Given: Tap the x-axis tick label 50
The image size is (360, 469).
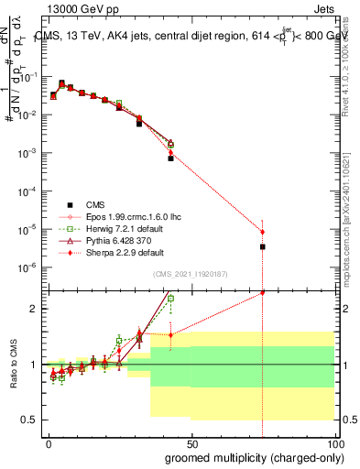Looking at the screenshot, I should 191,442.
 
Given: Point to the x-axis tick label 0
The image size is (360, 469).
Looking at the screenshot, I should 49,442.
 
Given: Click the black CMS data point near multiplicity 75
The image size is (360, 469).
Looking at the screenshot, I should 263,246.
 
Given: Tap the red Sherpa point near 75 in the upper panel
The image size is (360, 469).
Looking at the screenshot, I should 263,232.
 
